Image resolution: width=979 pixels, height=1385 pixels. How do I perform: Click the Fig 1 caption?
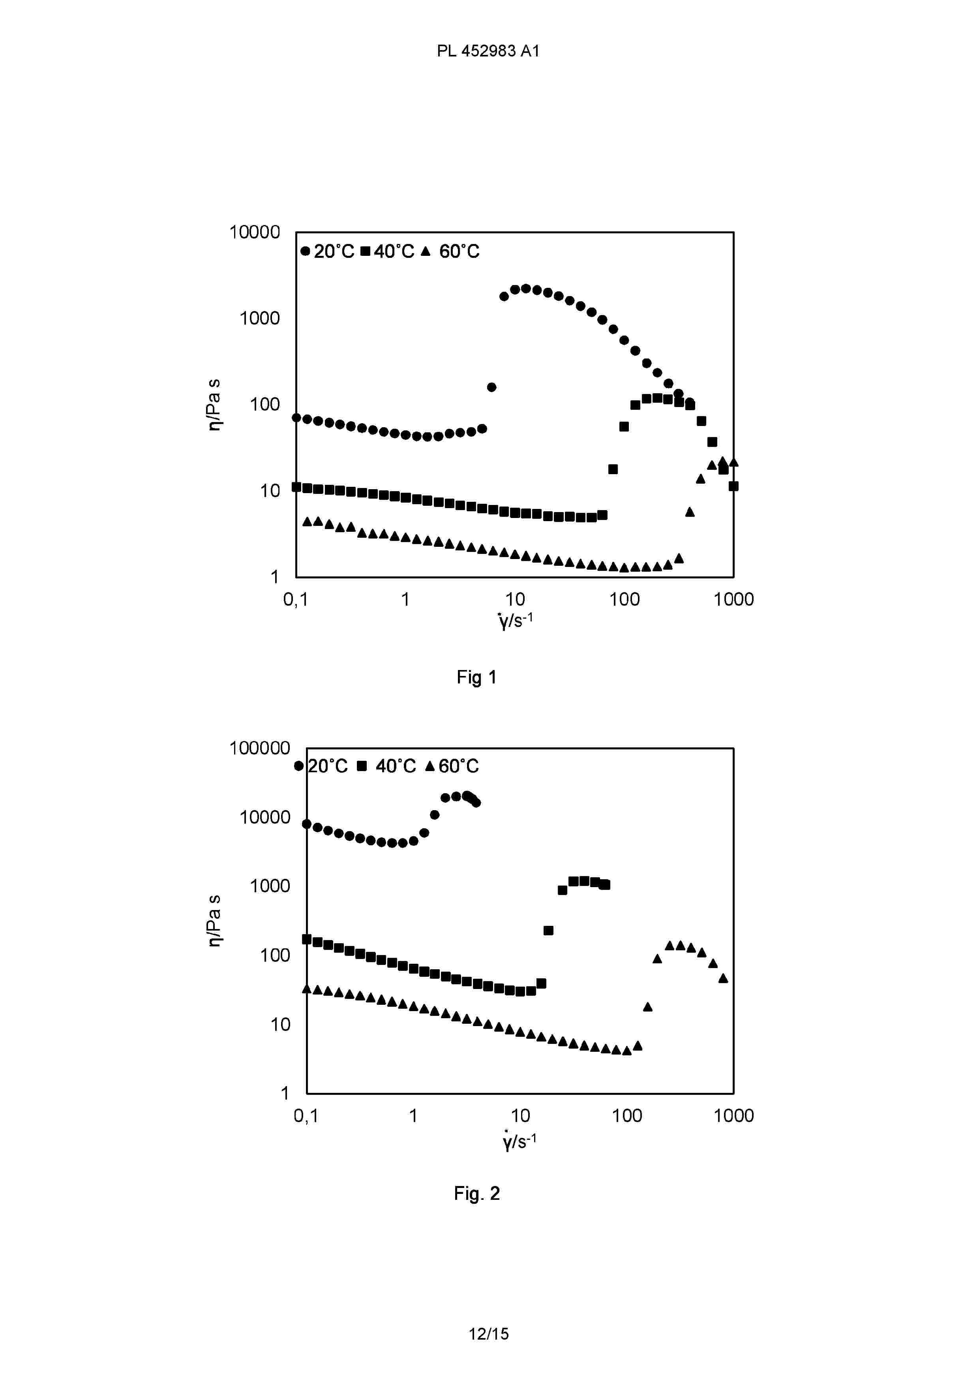pos(476,677)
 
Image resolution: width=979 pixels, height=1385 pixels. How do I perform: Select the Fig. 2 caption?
pos(476,1193)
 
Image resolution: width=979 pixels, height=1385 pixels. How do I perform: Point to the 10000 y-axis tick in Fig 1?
pos(255,232)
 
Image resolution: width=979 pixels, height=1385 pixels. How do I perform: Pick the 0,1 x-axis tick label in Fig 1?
pos(296,599)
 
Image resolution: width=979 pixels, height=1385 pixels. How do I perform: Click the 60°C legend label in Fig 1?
pos(459,251)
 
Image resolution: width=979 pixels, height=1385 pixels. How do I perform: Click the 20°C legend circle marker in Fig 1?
pos(305,251)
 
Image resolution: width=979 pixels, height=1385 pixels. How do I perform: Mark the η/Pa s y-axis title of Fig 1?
pos(214,405)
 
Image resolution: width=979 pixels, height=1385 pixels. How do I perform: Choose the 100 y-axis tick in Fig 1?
pos(265,404)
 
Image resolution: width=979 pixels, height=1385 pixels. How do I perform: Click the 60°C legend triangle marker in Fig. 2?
pos(429,766)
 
